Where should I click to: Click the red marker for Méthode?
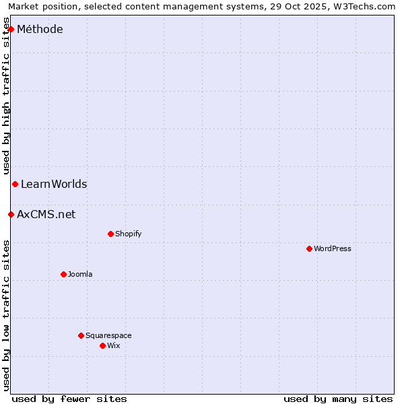tap(11, 29)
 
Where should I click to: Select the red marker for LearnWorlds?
tap(15, 184)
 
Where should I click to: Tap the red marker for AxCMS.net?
tap(11, 214)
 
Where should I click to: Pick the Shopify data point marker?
tap(110, 234)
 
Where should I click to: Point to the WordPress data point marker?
tap(309, 248)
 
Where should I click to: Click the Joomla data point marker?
tap(63, 274)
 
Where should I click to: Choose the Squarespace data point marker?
tap(81, 335)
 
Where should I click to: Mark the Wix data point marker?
tap(102, 345)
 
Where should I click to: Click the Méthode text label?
tap(40, 29)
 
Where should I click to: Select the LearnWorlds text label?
tap(54, 184)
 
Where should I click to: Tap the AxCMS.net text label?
tap(46, 214)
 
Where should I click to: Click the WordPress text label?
tap(333, 248)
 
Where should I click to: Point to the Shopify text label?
tap(128, 234)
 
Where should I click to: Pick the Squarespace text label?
tap(108, 335)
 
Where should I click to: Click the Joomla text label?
tap(80, 274)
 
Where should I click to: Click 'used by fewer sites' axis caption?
tap(69, 399)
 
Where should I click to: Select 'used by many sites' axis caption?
tap(338, 399)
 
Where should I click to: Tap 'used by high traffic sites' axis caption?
tap(7, 96)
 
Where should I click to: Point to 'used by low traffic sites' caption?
tap(7, 315)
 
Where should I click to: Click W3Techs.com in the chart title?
tap(364, 7)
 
